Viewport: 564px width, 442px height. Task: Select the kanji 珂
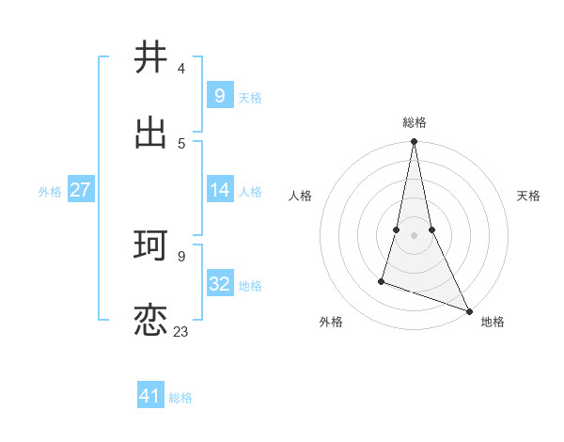point(151,246)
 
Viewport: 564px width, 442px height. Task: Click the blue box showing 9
point(220,95)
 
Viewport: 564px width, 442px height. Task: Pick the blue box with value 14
point(220,190)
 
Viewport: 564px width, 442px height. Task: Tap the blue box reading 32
point(220,284)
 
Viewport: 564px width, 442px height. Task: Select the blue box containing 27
point(80,190)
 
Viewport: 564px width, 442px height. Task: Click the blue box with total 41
point(150,396)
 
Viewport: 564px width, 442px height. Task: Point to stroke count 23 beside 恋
point(180,331)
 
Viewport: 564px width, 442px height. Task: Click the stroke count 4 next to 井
point(180,68)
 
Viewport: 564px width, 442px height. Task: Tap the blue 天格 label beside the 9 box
point(250,97)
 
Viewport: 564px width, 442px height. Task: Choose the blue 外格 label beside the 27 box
point(50,192)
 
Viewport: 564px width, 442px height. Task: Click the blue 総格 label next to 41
point(180,398)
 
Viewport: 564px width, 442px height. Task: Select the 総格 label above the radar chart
point(414,122)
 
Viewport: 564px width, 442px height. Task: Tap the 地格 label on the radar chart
point(493,323)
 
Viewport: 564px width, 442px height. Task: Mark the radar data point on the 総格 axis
point(414,142)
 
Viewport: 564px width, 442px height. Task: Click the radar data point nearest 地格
point(468,310)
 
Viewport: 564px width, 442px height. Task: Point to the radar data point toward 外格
point(382,280)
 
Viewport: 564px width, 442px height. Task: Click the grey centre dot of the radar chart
point(414,235)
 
